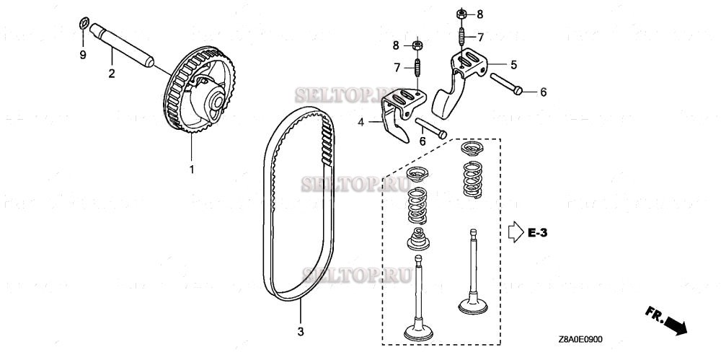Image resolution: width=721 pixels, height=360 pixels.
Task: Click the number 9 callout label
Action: click(x=82, y=55)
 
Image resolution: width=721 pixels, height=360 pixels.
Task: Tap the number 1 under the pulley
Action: click(x=192, y=170)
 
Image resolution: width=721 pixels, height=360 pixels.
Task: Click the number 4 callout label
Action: click(x=360, y=123)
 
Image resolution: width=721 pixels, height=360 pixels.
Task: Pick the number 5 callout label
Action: click(x=513, y=64)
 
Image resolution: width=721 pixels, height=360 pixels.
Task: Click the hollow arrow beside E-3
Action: click(x=515, y=232)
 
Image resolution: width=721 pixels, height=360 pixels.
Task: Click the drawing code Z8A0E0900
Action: click(x=580, y=339)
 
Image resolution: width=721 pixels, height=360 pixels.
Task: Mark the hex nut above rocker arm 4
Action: click(x=417, y=45)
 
